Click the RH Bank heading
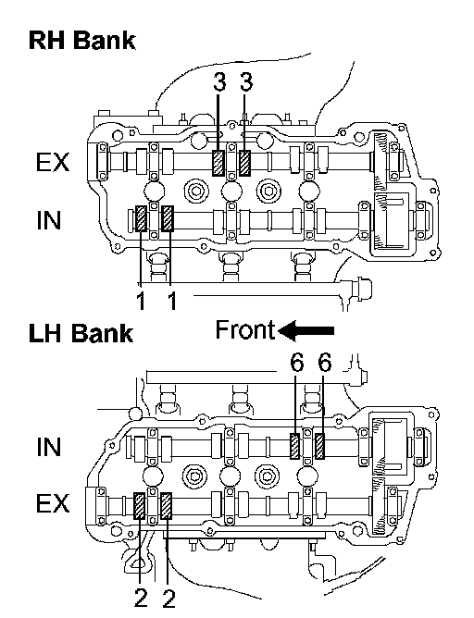click(x=82, y=41)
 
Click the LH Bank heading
click(x=81, y=333)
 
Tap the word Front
click(x=245, y=329)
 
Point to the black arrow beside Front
click(x=306, y=330)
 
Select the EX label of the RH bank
click(x=53, y=163)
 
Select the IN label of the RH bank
click(x=49, y=220)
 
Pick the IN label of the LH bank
click(x=49, y=447)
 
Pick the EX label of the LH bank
click(x=53, y=503)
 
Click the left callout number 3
click(x=219, y=82)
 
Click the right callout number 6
click(x=324, y=363)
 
